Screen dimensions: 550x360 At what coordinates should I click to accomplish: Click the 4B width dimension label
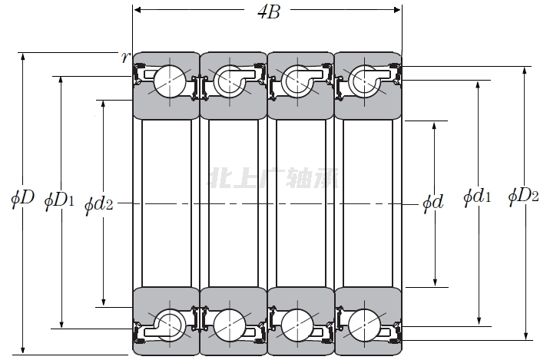point(269,12)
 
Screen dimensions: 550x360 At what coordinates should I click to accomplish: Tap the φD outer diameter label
point(22,199)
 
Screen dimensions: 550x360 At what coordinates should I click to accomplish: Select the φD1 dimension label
point(59,201)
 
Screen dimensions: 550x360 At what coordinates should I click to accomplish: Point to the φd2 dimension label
point(99,205)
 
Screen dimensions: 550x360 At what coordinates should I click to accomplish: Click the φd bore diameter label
point(433,202)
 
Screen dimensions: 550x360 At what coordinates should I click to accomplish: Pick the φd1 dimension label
point(477,197)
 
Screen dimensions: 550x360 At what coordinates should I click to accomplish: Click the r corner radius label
point(125,58)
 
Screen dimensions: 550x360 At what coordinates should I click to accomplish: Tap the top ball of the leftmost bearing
point(170,81)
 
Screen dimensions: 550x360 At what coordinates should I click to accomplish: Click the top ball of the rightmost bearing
point(364,81)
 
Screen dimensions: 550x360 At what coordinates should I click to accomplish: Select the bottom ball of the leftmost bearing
point(170,325)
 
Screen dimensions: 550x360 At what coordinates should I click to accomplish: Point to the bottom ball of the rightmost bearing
point(364,325)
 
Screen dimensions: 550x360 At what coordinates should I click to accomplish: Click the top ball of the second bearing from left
point(230,81)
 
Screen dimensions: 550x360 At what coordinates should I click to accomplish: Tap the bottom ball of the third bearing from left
point(297,325)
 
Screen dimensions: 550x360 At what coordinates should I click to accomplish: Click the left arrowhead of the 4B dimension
point(137,10)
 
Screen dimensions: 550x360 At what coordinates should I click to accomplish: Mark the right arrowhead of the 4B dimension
point(396,10)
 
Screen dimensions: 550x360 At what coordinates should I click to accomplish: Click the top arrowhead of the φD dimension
point(23,57)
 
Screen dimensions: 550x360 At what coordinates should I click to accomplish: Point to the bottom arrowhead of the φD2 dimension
point(525,335)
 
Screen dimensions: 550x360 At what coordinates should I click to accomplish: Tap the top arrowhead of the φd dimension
point(434,126)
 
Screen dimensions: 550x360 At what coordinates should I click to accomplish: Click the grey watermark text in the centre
point(274,178)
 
